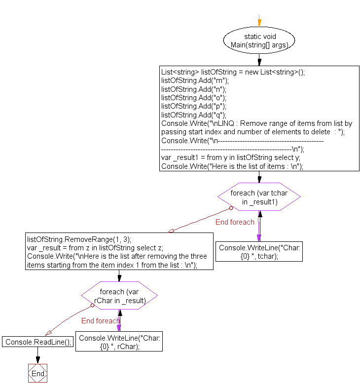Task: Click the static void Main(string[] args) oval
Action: coord(259,40)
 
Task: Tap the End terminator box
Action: coord(37,374)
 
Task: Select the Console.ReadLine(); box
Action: coord(37,342)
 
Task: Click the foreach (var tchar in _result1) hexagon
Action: coord(259,197)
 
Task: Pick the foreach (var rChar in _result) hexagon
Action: coord(119,296)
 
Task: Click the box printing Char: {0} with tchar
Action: coord(259,252)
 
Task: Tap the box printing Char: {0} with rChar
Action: coord(119,342)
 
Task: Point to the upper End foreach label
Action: coord(235,222)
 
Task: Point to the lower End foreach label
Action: coord(101,321)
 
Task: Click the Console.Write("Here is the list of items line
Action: coord(232,166)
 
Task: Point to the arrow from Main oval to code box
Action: coord(259,60)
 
